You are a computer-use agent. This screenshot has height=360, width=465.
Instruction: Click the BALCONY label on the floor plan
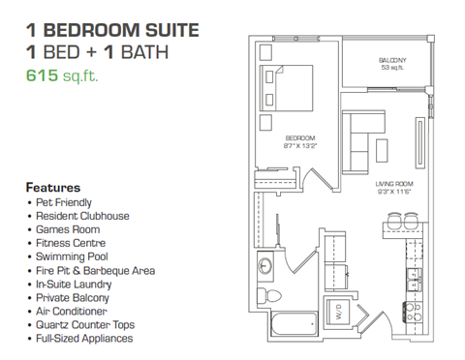click(392, 60)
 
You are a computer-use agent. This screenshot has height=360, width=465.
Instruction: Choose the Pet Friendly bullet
click(63, 202)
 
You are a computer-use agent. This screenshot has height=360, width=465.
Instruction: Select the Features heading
click(52, 186)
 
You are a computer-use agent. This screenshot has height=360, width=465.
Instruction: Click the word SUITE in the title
click(170, 28)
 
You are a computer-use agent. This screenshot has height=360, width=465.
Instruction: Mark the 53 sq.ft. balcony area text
click(392, 69)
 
